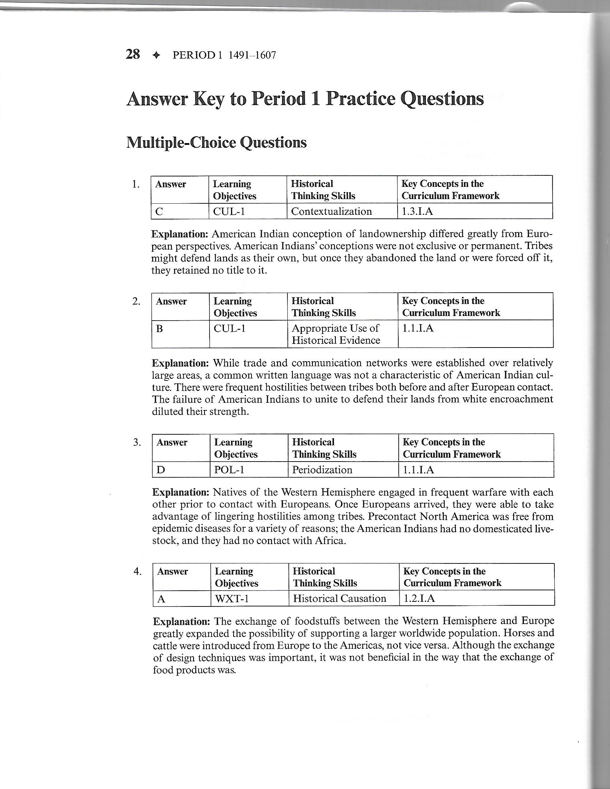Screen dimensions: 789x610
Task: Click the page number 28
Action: [133, 55]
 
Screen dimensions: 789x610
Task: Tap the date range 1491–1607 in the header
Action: [250, 55]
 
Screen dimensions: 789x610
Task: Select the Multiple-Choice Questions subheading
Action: [216, 143]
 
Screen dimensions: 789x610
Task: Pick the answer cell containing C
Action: [180, 211]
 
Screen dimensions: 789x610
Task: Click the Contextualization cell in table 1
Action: [332, 211]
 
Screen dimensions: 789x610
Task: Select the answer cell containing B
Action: [180, 334]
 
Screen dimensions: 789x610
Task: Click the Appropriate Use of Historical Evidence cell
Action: [336, 334]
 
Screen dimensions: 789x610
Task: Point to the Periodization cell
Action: [322, 470]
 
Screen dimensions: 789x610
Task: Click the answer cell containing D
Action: [181, 470]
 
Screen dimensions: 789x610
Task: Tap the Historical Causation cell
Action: [339, 599]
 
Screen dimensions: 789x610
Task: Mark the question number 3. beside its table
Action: [137, 442]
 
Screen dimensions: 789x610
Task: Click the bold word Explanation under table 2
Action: [180, 363]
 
